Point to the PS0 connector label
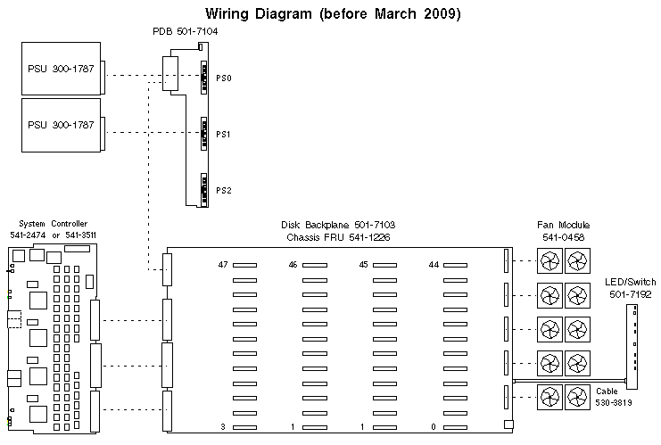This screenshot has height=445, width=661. (223, 78)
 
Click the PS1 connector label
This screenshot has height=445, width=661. (223, 135)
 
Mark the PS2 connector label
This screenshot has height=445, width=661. (223, 191)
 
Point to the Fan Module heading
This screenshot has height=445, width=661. (563, 225)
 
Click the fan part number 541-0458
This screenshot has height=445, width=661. (563, 236)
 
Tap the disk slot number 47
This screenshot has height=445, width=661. (224, 265)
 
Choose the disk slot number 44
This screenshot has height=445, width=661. (433, 265)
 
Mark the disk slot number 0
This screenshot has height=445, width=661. (433, 427)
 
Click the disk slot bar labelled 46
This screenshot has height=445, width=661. (314, 266)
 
